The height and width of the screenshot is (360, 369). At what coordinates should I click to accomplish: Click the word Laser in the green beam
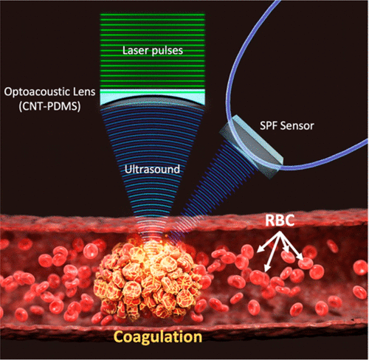pos(136,50)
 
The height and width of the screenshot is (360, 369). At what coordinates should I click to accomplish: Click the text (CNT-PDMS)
pos(50,107)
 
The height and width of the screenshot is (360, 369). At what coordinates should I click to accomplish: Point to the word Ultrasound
pos(152,170)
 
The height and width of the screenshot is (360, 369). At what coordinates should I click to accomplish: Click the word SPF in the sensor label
pos(269,126)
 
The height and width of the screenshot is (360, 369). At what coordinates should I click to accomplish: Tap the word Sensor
pos(297,126)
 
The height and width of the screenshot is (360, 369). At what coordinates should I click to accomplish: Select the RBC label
pos(280,221)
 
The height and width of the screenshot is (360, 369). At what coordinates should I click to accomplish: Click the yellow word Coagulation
pos(158,337)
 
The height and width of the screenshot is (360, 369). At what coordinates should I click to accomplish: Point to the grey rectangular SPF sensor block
pos(251,146)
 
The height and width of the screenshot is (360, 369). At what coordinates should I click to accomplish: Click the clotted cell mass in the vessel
pos(148,278)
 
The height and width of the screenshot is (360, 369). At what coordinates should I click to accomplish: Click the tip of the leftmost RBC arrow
pos(257,252)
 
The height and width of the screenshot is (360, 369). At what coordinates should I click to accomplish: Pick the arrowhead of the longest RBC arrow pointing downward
pos(266,271)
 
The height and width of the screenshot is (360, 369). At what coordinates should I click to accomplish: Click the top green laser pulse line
pos(153,15)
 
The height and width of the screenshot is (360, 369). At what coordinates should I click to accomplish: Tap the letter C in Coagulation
pos(120,336)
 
